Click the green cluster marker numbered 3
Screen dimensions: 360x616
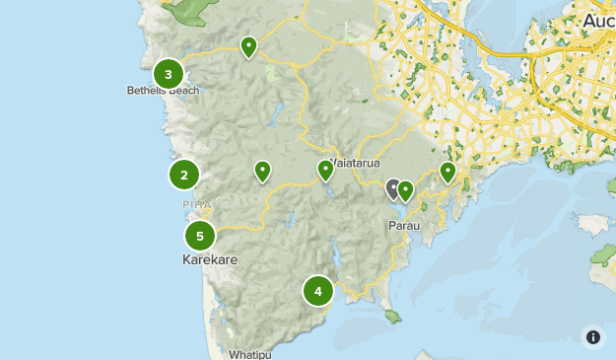pos(169,74)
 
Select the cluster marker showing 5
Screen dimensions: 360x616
pos(200,236)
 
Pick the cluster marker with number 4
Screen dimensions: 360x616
pos(317,291)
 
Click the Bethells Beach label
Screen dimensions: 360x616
pos(163,91)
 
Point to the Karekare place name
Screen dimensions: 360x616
pos(210,260)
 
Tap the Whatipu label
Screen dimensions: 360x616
pos(248,353)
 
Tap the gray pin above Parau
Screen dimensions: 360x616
pos(393,187)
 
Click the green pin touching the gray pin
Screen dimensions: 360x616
pos(405,191)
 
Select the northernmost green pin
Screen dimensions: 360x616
pos(248,45)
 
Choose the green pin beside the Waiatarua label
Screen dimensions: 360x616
pos(325,171)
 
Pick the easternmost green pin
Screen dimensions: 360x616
pos(447,173)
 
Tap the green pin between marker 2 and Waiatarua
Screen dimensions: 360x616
pos(262,172)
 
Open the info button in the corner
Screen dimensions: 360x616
pos(592,336)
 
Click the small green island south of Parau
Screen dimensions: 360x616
pos(393,317)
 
